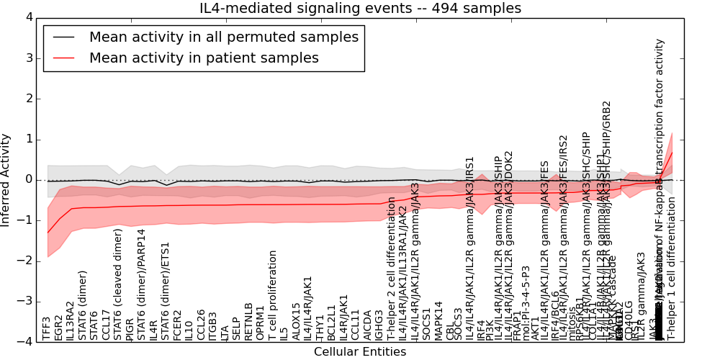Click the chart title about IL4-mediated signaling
(360, 8)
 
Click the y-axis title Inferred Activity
(6, 179)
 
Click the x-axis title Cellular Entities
(360, 352)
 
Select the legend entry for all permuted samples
(222, 37)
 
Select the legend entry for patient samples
(204, 58)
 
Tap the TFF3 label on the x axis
(48, 328)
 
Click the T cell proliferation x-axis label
(273, 295)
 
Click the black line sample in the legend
(63, 37)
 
